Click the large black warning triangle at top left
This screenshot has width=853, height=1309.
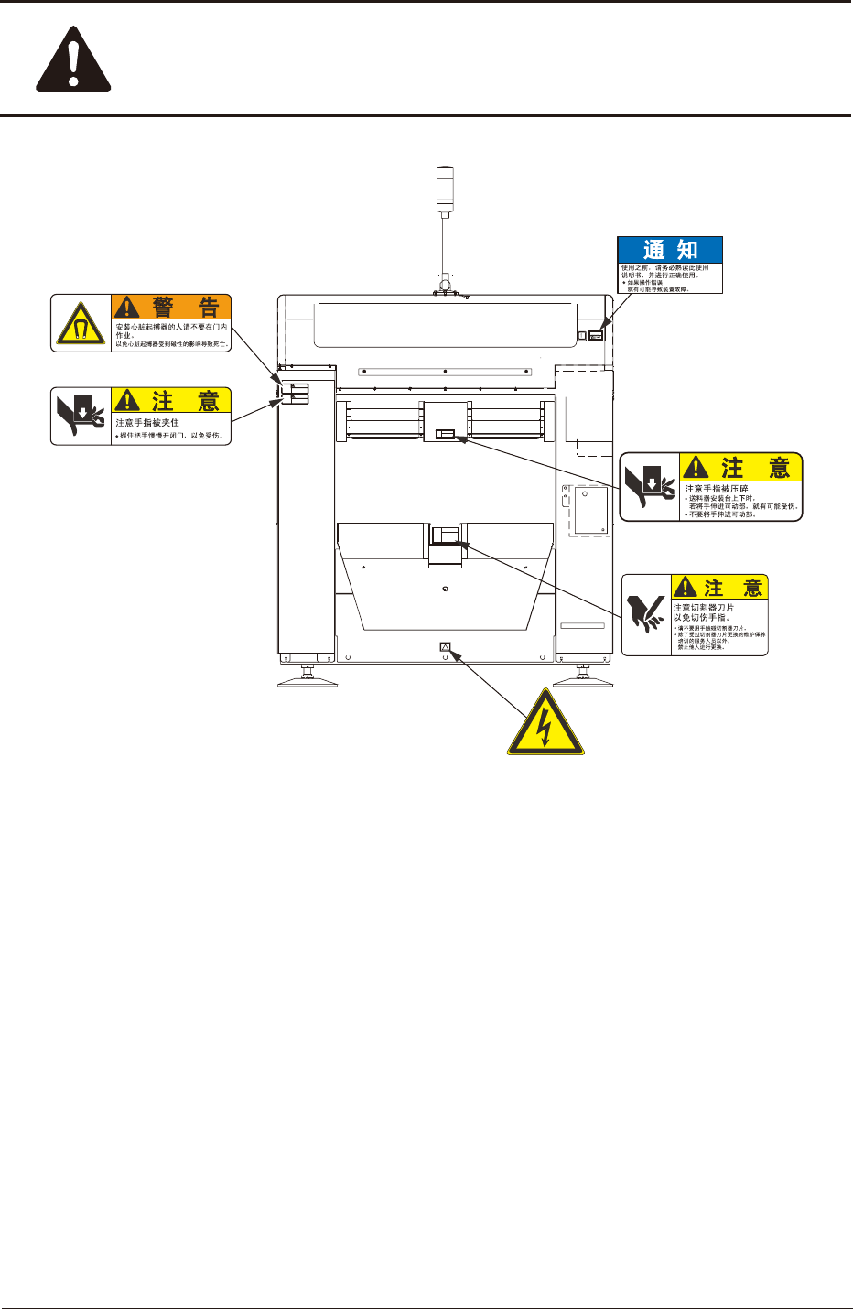click(73, 63)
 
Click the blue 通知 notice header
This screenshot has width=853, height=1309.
click(670, 250)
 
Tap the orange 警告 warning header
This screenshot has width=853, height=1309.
click(171, 307)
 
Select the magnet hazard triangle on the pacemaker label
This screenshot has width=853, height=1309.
click(81, 324)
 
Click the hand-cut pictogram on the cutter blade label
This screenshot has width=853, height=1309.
click(646, 614)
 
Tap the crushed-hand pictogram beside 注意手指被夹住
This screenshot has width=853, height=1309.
click(81, 416)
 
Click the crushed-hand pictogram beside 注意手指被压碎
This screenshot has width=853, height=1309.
click(650, 487)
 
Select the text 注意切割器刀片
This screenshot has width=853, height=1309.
click(703, 608)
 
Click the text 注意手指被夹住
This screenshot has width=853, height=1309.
click(147, 423)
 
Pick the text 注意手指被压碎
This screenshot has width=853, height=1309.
click(717, 489)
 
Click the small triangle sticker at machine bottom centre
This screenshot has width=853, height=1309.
click(446, 647)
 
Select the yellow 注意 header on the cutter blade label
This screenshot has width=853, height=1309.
click(719, 587)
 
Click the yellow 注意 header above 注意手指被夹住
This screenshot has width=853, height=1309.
click(171, 400)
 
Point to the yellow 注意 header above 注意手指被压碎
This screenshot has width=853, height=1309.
click(741, 467)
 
